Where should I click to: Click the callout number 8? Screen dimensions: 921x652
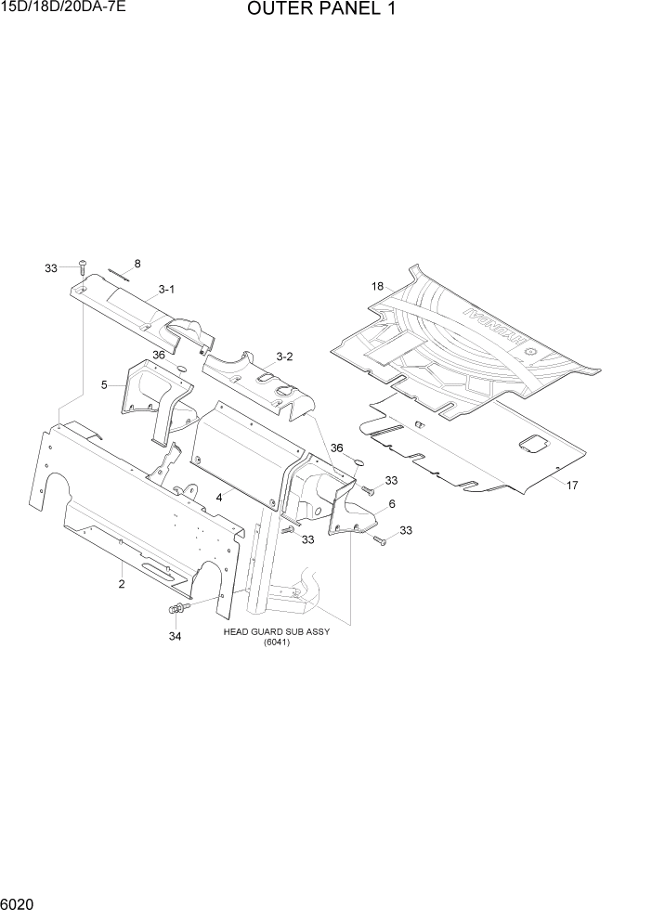click(x=137, y=264)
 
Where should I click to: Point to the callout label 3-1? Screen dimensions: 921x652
click(x=166, y=290)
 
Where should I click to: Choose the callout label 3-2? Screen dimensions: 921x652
click(x=284, y=357)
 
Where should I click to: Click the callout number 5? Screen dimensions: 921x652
click(x=105, y=384)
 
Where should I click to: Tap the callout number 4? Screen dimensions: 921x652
click(x=219, y=497)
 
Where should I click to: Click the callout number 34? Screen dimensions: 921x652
click(x=175, y=636)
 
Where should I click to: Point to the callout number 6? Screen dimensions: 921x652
click(x=392, y=503)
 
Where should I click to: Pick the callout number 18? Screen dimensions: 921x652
click(x=378, y=287)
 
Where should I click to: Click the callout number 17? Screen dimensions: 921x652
click(x=572, y=485)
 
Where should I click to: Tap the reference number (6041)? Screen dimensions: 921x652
click(x=277, y=642)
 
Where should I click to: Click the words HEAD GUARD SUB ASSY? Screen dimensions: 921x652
click(x=277, y=631)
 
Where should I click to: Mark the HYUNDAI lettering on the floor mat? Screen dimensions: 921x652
click(x=493, y=334)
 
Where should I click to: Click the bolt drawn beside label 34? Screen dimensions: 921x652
click(x=176, y=609)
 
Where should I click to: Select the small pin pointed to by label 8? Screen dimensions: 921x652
click(x=121, y=271)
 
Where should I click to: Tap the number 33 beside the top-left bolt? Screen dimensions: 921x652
click(x=50, y=268)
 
